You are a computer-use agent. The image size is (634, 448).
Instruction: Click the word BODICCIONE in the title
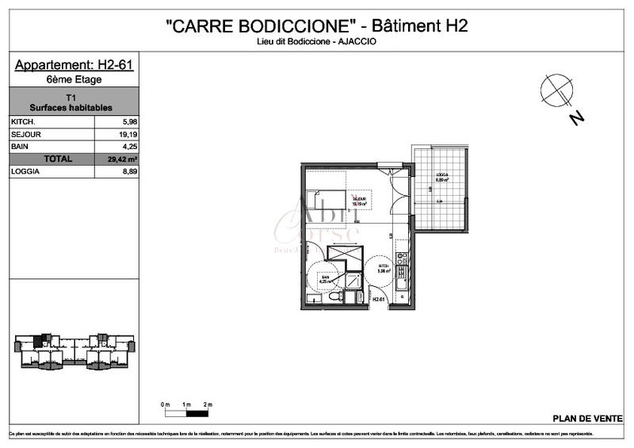click(297, 25)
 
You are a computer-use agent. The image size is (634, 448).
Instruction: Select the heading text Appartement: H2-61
click(74, 65)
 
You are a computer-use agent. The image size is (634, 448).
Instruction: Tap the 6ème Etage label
click(74, 79)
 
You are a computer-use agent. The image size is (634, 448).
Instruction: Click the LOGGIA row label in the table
click(25, 171)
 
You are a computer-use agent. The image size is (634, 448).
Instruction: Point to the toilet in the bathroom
click(337, 297)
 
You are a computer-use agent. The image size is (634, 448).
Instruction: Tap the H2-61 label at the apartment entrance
click(378, 299)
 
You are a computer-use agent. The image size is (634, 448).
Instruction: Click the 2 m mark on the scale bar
click(208, 405)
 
